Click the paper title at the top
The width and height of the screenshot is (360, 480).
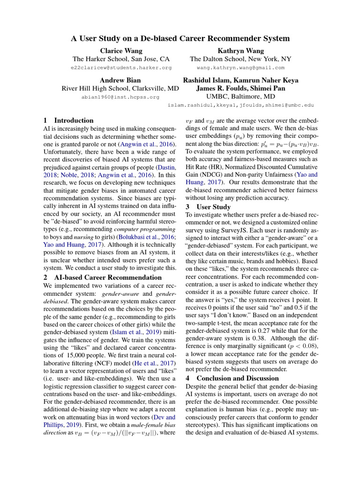pos(180,38)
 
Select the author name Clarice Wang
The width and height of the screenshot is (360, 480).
pos(120,51)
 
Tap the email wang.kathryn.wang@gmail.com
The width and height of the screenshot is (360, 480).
pos(240,68)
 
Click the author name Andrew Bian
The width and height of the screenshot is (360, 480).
pos(120,80)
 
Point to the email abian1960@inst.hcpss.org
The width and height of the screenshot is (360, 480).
pos(120,97)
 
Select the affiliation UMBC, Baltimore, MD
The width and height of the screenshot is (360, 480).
pos(240,97)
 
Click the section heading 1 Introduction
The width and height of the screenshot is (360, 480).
pos(68,120)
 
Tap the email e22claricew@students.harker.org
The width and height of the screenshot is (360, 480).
pos(120,68)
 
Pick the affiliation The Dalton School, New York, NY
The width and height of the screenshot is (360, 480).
pos(240,59)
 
